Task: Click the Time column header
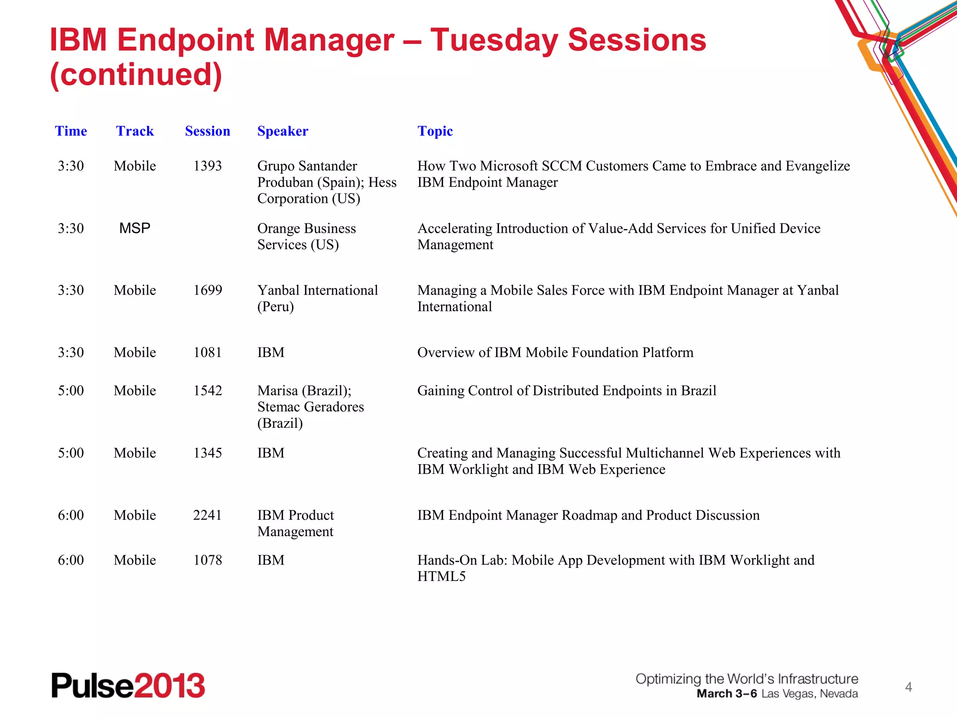[71, 131]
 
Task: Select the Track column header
[135, 131]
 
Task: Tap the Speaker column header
[283, 131]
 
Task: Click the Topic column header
[435, 131]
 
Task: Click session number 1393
[207, 166]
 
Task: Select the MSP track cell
[135, 228]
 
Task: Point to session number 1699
[207, 290]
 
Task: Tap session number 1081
[207, 352]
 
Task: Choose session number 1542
[207, 391]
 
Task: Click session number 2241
[207, 515]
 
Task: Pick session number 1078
[207, 560]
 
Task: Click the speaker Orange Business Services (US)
[306, 237]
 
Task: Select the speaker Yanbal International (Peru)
[317, 298]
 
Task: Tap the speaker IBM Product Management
[295, 523]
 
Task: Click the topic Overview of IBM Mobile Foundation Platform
[555, 352]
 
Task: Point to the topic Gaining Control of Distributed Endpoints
[566, 391]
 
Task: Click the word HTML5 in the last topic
[441, 576]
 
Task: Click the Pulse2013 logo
[128, 685]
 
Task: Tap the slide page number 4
[908, 687]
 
